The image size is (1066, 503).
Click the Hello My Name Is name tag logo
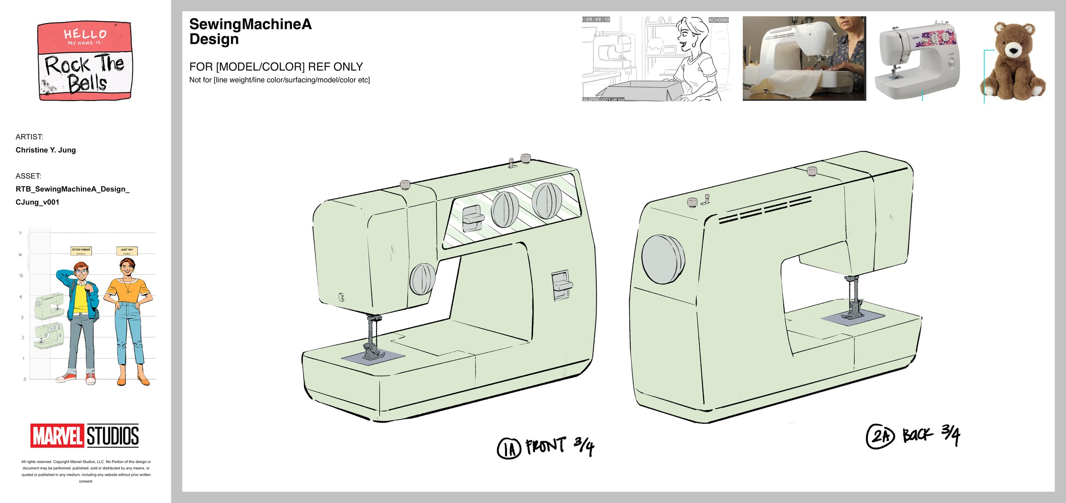point(85,61)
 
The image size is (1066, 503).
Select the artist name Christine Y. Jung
point(46,150)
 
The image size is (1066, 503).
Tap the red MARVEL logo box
point(57,436)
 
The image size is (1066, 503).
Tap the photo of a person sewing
point(804,59)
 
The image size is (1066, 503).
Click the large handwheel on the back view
point(663,259)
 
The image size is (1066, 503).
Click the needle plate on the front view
point(373,357)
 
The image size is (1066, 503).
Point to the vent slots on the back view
point(765,210)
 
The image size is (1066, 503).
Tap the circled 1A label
point(509,448)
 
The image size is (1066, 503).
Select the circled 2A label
point(880,437)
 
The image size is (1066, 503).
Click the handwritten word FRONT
point(546,446)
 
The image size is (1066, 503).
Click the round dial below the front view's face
point(422,279)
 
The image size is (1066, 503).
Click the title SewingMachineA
point(250,24)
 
